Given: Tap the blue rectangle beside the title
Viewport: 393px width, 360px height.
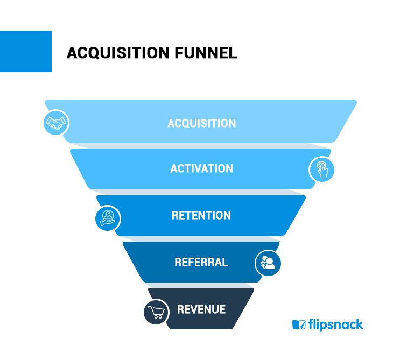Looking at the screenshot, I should click(26, 51).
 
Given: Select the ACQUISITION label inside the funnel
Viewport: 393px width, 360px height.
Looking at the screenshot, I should click(201, 123).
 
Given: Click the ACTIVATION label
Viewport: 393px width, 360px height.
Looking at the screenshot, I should click(201, 168).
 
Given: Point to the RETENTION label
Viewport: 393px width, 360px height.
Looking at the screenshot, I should click(201, 215).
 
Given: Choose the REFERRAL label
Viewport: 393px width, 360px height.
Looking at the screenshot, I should click(201, 262).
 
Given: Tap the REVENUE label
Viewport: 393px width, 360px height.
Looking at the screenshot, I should click(201, 309).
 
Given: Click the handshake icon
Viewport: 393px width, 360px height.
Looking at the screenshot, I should click(57, 123).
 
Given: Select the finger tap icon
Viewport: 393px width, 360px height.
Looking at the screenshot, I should click(322, 169).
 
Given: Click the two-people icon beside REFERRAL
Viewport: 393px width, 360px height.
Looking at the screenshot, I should click(268, 263).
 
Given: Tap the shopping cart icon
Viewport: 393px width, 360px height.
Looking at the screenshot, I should click(156, 312).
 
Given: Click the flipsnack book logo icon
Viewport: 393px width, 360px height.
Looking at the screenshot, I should click(299, 324).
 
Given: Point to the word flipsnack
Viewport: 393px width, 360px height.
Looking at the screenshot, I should click(335, 324).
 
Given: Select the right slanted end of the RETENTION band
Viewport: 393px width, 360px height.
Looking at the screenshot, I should click(294, 215).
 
